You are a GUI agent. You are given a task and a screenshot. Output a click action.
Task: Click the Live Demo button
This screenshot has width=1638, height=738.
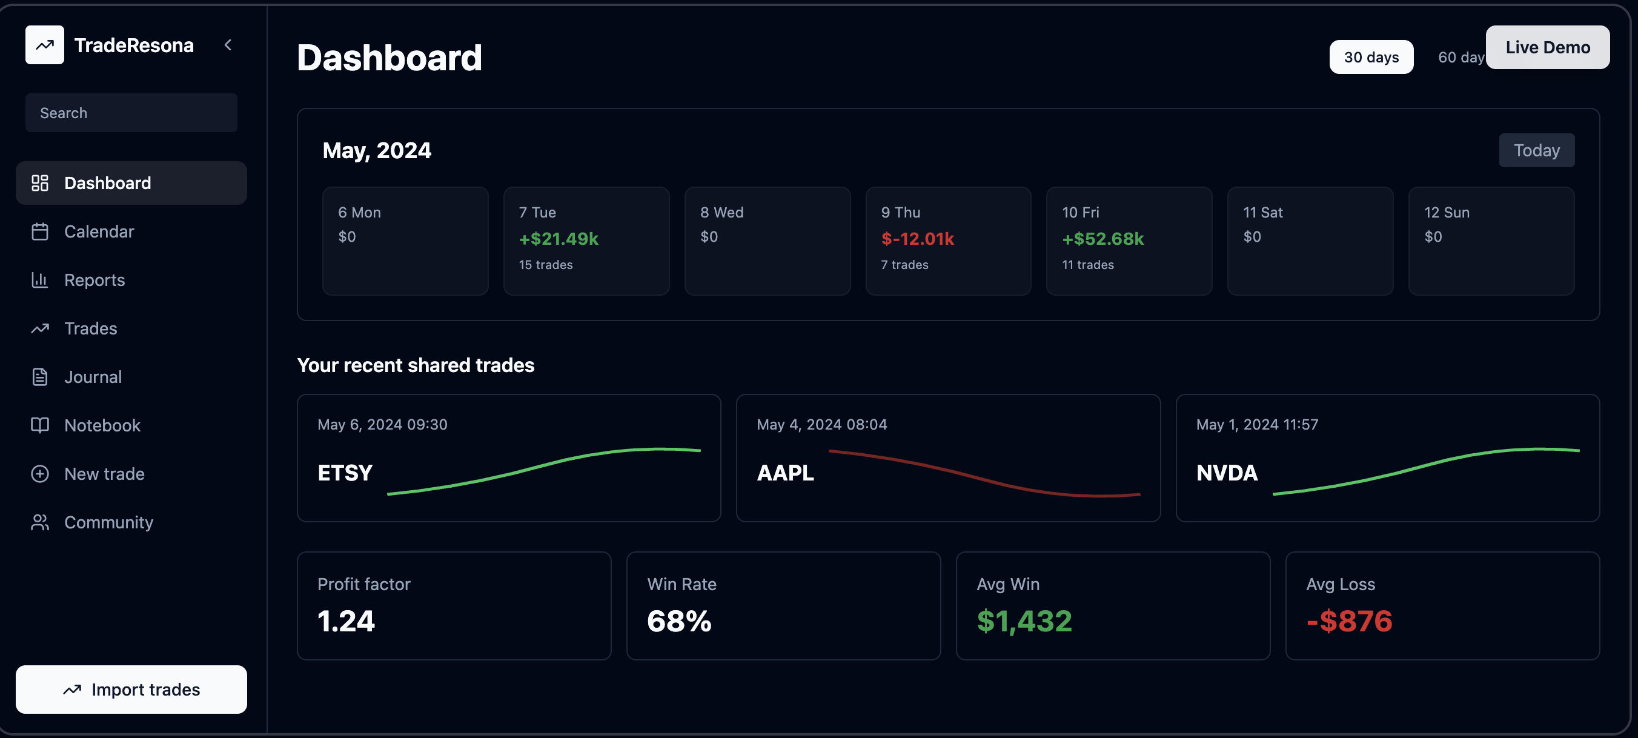pos(1547,47)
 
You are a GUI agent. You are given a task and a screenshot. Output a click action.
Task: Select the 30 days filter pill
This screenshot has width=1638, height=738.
pos(1371,57)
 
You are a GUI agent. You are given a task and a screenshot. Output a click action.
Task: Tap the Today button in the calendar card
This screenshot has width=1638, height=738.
pos(1536,150)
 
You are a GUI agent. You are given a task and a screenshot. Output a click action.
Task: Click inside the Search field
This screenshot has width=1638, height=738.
pos(131,113)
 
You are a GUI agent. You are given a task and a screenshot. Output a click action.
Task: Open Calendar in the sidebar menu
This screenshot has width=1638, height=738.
pos(99,231)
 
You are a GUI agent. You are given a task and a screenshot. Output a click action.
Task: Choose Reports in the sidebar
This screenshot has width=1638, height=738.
pos(94,280)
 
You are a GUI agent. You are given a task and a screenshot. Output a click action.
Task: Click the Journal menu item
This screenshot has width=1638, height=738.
pos(93,377)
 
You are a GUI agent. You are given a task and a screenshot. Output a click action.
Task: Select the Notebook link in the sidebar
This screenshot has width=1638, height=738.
pos(102,425)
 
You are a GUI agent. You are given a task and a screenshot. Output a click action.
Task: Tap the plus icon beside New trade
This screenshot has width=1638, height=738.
pos(40,474)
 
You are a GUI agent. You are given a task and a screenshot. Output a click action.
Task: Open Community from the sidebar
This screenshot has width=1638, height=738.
pos(108,522)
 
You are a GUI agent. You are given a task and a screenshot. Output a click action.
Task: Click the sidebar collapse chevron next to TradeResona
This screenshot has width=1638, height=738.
pos(228,45)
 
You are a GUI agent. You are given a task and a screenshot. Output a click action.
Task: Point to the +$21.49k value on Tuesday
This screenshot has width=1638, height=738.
pos(559,239)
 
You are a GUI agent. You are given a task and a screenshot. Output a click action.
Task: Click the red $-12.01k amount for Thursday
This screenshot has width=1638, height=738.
pos(917,239)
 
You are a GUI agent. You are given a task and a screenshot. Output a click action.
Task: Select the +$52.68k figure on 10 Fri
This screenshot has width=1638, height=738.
pos(1102,239)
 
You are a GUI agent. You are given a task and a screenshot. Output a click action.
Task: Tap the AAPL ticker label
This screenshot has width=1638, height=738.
pos(784,473)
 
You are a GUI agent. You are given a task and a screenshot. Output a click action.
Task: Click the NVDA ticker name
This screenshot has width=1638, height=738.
pos(1227,473)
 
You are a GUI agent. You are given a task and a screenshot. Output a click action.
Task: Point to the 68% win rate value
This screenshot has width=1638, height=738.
pos(678,621)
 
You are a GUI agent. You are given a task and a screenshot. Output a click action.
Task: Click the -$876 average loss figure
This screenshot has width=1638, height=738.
pos(1348,621)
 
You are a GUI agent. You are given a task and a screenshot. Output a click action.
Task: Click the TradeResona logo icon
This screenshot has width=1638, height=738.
pos(44,45)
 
